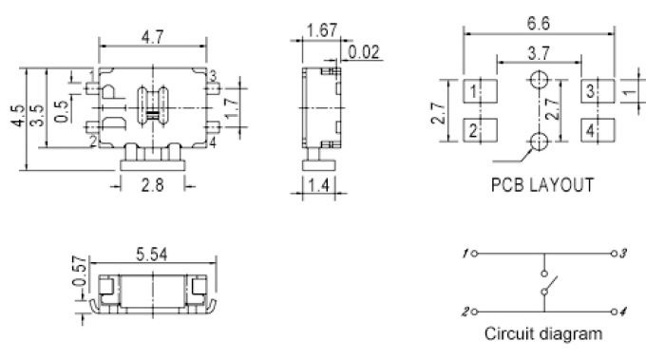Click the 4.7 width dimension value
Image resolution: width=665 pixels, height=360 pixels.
(153, 37)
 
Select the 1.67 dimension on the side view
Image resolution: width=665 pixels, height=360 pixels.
(322, 30)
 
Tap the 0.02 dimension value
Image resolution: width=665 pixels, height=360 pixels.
(364, 52)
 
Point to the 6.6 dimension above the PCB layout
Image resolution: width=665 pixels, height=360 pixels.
(539, 23)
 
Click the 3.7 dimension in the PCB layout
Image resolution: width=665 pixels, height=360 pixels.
(539, 53)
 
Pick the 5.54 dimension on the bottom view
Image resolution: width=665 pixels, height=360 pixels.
(152, 255)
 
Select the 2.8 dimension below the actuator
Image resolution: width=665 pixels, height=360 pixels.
(152, 185)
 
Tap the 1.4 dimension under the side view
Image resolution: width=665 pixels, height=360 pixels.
(318, 185)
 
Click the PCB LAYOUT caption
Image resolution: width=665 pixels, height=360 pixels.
(542, 185)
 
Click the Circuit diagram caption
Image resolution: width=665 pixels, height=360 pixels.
(543, 333)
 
